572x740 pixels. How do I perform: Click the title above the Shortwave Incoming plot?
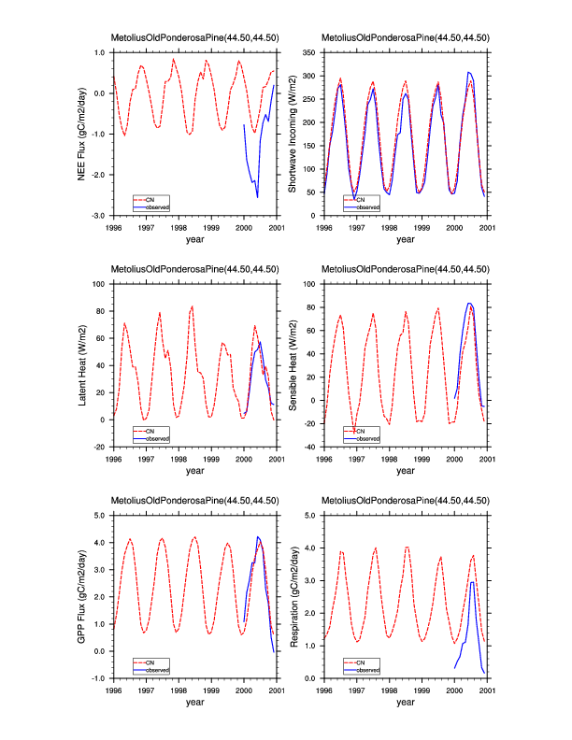point(405,37)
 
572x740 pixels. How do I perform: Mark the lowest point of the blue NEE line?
point(257,197)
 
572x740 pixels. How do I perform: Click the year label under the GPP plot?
point(194,702)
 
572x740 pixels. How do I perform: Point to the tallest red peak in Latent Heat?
point(192,306)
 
